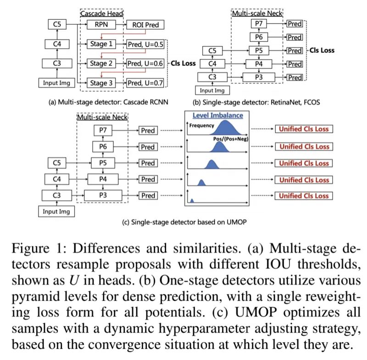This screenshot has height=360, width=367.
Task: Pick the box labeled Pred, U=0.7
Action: point(145,83)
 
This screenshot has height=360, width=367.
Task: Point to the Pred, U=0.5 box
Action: point(145,45)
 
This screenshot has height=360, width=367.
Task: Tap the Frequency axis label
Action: point(202,125)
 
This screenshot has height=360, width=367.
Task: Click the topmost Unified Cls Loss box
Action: point(303,129)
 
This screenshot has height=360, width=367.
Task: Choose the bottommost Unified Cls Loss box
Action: point(303,196)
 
